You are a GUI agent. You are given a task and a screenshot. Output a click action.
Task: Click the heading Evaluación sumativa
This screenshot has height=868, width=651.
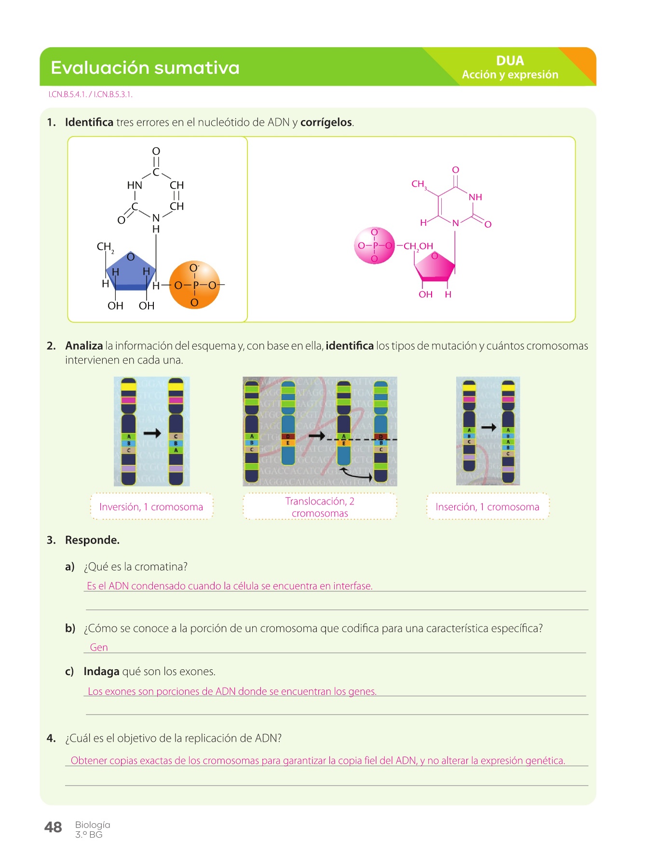145,68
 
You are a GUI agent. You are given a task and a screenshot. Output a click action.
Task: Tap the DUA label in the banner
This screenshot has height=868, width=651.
510,61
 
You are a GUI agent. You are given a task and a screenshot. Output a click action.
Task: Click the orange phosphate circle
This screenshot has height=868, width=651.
195,285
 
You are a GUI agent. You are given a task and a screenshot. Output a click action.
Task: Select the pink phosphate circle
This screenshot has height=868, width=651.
374,245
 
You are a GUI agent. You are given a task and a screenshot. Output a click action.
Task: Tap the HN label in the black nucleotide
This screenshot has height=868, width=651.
135,185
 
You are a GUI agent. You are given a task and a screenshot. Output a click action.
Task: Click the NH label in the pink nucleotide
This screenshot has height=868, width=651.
475,197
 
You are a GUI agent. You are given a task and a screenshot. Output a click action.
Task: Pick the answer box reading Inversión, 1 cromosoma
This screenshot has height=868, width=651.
151,507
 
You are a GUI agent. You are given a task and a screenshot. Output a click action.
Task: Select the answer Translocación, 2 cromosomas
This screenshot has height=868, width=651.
320,507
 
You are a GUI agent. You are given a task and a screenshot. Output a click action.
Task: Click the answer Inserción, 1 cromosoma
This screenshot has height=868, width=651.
487,507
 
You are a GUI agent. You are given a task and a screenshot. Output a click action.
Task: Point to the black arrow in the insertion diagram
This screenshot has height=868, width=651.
489,427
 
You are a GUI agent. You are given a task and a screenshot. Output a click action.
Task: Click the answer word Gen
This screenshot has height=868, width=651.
99,647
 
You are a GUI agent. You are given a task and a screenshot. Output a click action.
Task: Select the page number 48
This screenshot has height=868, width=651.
53,827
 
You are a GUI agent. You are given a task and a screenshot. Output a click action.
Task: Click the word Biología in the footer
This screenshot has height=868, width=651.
93,825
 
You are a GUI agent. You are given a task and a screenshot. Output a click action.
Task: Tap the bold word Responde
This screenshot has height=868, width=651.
92,540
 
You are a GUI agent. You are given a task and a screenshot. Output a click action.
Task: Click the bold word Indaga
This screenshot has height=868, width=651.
101,671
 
